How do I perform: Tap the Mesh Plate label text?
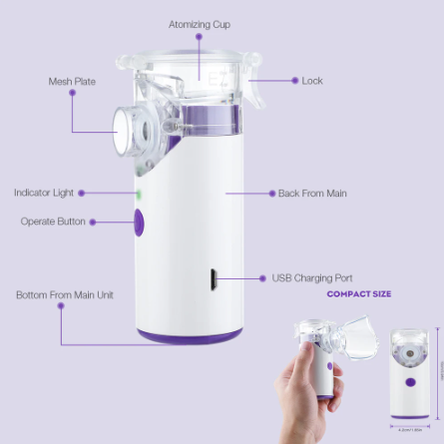pyautogui.click(x=72, y=81)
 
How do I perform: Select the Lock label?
pyautogui.click(x=312, y=80)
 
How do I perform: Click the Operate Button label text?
pyautogui.click(x=52, y=222)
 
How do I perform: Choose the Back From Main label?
pyautogui.click(x=312, y=193)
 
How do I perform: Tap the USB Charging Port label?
pyautogui.click(x=312, y=277)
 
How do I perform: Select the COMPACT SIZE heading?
pyautogui.click(x=359, y=294)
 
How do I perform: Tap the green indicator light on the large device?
pyautogui.click(x=139, y=194)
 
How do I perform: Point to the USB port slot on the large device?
pyautogui.click(x=213, y=279)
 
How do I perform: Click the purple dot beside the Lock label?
pyautogui.click(x=293, y=80)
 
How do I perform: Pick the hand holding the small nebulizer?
pyautogui.click(x=317, y=389)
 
